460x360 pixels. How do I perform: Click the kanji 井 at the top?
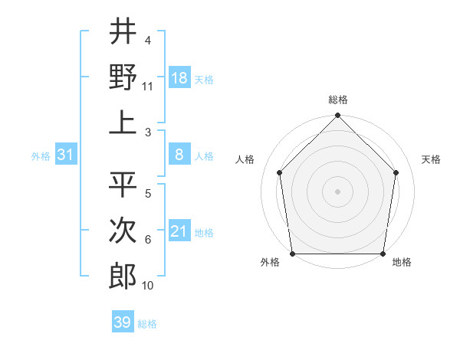click(123, 33)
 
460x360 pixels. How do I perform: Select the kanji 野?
click(123, 77)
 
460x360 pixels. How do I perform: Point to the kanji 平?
click(123, 184)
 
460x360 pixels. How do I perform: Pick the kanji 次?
click(123, 231)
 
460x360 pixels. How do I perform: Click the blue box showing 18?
click(179, 78)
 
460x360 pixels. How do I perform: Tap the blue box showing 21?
click(179, 231)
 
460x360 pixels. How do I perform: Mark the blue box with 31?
click(66, 155)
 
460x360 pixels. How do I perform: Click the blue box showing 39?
click(122, 322)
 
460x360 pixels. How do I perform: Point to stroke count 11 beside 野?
click(149, 86)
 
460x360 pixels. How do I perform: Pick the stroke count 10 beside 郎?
click(148, 286)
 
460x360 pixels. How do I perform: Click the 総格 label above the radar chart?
click(338, 100)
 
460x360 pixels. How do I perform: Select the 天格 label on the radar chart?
click(431, 159)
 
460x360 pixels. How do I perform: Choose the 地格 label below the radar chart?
click(401, 263)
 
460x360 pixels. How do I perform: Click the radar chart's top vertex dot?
click(338, 116)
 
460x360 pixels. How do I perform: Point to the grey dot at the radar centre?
click(338, 191)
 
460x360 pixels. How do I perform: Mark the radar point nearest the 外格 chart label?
click(293, 254)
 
